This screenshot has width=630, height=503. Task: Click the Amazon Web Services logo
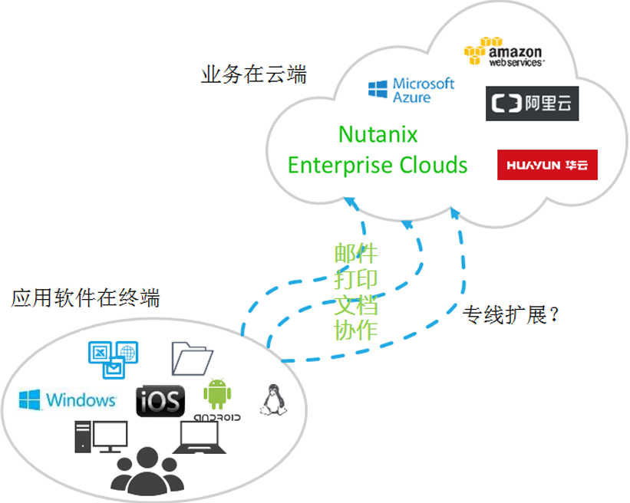click(503, 52)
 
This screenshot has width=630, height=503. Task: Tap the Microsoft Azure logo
click(411, 90)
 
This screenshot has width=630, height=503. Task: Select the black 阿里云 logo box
click(532, 104)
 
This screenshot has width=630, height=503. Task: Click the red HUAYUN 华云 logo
click(546, 165)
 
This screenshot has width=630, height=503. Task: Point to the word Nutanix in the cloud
click(378, 135)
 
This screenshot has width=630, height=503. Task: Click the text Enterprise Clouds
click(378, 164)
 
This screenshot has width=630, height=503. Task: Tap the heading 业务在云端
click(253, 75)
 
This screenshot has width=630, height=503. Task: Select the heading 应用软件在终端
click(85, 298)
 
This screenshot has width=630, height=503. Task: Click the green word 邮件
click(356, 254)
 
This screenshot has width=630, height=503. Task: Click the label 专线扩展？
click(510, 315)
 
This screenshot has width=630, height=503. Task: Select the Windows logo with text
click(68, 399)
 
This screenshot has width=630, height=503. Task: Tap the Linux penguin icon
click(269, 400)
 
